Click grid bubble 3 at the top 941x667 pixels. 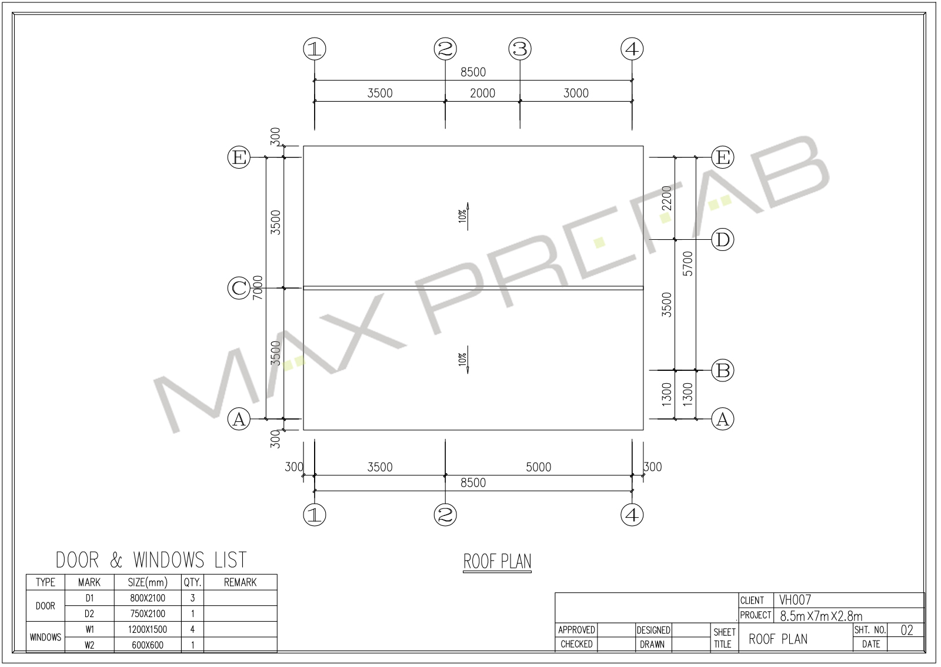pos(520,49)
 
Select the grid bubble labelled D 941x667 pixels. pos(723,240)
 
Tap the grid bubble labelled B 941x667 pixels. pos(723,371)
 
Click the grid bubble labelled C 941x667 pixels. pos(239,289)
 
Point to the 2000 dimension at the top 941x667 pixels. pos(482,93)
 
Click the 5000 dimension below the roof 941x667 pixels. pos(538,467)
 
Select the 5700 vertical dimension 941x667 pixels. pos(688,264)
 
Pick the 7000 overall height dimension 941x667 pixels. pos(258,287)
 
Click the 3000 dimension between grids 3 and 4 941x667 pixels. pos(576,93)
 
